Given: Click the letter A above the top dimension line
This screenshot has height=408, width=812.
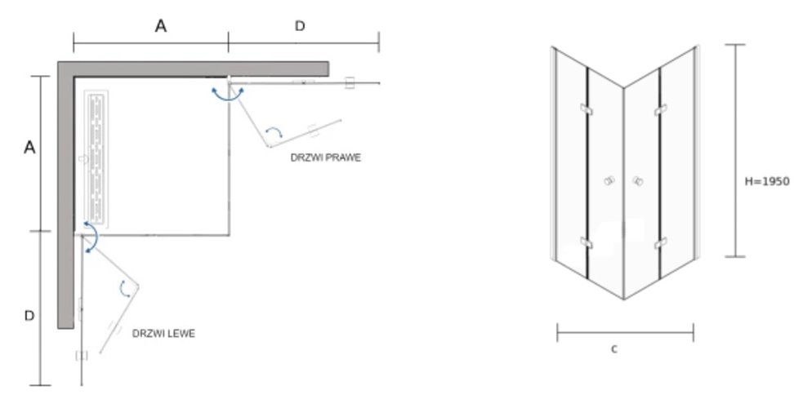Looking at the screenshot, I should point(161,26).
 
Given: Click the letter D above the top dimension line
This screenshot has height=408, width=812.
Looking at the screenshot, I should point(300,26).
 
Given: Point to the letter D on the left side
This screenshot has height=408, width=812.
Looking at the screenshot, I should point(29,316).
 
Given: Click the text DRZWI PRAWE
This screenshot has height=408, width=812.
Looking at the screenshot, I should point(325,157).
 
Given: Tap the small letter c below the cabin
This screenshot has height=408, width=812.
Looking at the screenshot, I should point(613,349).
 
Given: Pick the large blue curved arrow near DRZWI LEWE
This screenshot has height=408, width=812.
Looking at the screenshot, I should point(91,237).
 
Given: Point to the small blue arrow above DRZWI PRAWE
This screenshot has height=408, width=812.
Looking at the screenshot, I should point(276,131).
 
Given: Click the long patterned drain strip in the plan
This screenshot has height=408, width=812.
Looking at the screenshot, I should point(96,158).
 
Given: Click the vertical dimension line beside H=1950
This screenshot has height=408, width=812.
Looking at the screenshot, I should point(737,151).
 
